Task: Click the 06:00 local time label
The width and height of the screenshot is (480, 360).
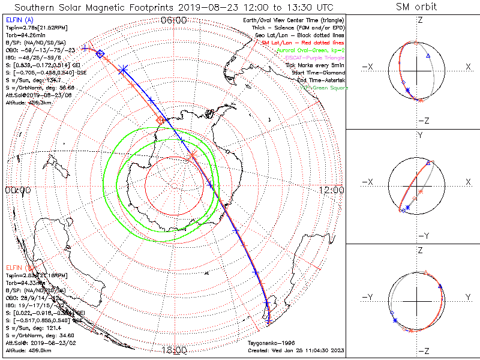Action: pyautogui.click(x=175, y=20)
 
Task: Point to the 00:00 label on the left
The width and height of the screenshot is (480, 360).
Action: pyautogui.click(x=18, y=190)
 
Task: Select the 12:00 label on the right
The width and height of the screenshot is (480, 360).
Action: pyautogui.click(x=332, y=190)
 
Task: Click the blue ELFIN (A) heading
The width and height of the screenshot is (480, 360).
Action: pyautogui.click(x=19, y=20)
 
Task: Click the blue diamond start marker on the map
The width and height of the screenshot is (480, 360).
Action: pyautogui.click(x=100, y=55)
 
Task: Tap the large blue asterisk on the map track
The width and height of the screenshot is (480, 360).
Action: pyautogui.click(x=124, y=71)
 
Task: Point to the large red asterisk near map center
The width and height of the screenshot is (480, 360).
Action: pyautogui.click(x=192, y=155)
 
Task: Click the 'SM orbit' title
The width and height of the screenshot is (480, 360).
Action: pyautogui.click(x=416, y=7)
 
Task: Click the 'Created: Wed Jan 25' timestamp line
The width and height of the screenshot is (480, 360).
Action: pyautogui.click(x=296, y=350)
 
